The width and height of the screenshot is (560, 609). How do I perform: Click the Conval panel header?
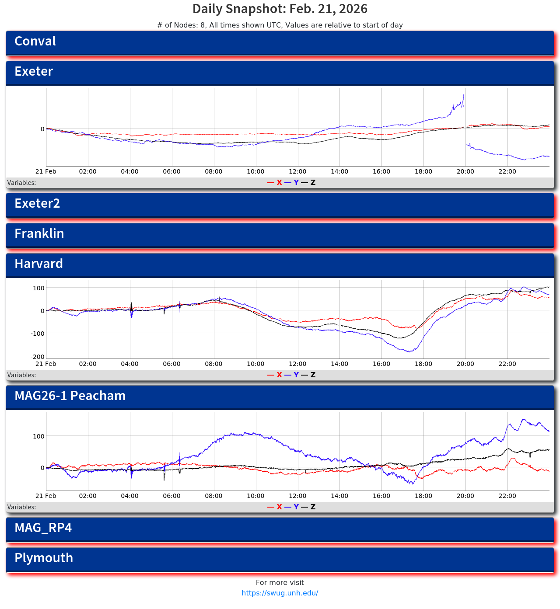tap(280, 42)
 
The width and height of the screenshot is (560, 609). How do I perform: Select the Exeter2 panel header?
tap(280, 205)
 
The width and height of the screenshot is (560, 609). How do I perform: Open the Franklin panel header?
tap(280, 235)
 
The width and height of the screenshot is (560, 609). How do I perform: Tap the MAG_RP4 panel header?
tap(280, 529)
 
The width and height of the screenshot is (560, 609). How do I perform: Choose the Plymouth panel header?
tap(280, 559)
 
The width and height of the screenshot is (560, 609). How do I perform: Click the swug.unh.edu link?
tap(280, 593)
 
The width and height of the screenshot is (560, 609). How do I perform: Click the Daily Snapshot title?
tap(280, 9)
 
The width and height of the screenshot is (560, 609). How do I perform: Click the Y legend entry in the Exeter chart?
tap(296, 183)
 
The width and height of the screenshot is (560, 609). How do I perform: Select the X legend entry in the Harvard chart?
tap(279, 375)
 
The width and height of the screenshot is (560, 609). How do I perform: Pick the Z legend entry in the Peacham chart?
tap(312, 507)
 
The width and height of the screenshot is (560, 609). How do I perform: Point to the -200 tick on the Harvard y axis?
tap(38, 357)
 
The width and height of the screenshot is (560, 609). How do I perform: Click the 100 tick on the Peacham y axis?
tap(39, 436)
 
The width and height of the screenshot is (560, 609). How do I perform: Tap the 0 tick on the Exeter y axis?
tap(42, 129)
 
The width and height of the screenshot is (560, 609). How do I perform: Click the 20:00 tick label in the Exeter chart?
tap(465, 172)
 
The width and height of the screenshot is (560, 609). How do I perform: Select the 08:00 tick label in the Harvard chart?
tap(213, 364)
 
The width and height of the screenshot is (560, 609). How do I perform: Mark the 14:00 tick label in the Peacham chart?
tap(339, 496)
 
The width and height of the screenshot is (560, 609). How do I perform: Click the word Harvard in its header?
tap(38, 264)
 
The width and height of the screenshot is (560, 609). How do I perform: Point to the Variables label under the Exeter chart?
tap(21, 183)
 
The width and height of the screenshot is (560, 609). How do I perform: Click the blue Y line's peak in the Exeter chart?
tap(463, 95)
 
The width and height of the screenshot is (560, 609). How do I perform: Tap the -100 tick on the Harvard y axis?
tap(38, 334)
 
